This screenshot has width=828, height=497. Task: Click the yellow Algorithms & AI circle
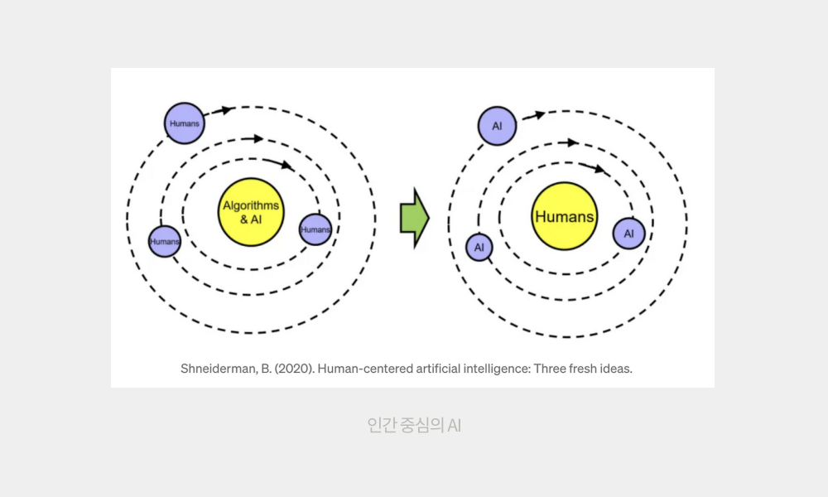click(251, 212)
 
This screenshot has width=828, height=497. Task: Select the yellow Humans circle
click(564, 217)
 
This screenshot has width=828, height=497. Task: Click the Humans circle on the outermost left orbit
click(184, 123)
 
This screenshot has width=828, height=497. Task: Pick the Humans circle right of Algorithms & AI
click(315, 229)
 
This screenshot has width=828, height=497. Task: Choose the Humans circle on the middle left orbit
click(165, 241)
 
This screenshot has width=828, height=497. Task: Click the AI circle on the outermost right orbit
click(497, 126)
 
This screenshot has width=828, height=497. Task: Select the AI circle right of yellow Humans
click(628, 234)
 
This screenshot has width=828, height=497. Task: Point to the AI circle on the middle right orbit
click(479, 247)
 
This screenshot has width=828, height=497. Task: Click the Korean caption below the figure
click(413, 426)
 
